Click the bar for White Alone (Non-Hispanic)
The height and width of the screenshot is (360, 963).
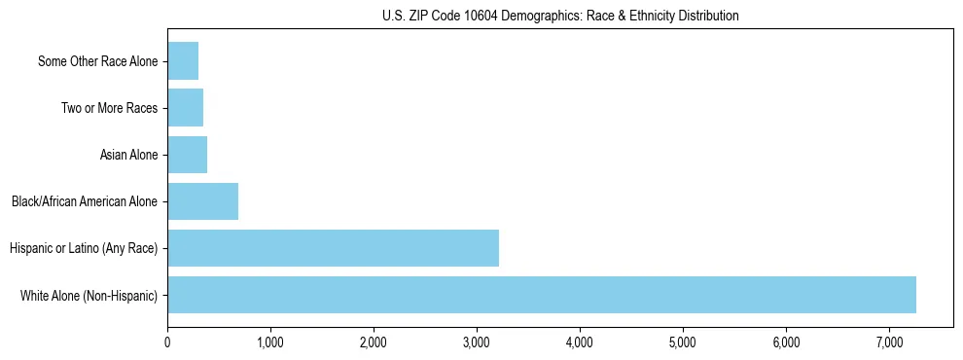point(542,295)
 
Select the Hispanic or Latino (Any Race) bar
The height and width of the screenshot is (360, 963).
point(333,248)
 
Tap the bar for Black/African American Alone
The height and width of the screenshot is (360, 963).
point(202,201)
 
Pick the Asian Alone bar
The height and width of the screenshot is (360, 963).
point(187,155)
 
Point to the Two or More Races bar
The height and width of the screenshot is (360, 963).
point(185,108)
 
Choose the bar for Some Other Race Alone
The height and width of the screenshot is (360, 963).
point(183,61)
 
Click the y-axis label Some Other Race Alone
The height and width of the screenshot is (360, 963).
point(97,61)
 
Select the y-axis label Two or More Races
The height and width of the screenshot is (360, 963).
point(109,108)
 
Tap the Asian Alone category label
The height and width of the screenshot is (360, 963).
point(128,155)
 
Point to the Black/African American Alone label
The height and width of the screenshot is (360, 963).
point(84,201)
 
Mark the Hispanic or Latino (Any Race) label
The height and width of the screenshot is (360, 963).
point(83,248)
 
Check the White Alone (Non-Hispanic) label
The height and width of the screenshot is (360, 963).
point(89,295)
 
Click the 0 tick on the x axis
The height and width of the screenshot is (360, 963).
point(167,342)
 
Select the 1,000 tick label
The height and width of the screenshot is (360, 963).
point(270,342)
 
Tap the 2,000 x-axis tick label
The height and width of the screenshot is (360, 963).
point(374,342)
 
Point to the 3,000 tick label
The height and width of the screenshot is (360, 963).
point(477,342)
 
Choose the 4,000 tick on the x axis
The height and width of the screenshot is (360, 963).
point(580,342)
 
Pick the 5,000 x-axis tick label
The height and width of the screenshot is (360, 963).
point(683,342)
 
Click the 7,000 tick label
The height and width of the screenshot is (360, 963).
point(889,342)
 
